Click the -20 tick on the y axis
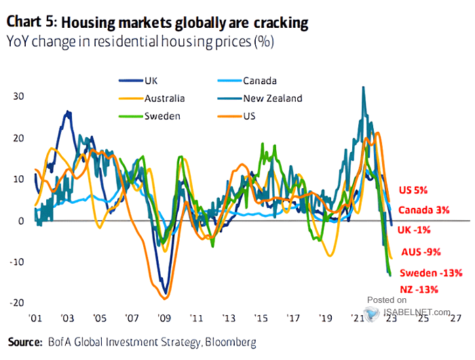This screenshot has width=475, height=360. [x=16, y=304]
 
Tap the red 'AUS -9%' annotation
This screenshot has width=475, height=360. [x=421, y=252]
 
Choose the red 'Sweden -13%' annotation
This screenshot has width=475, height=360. [x=430, y=273]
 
